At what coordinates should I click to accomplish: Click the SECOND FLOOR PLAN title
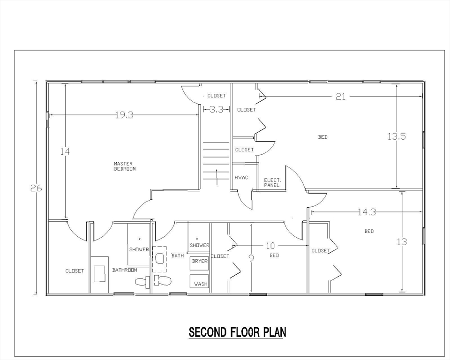click(237, 332)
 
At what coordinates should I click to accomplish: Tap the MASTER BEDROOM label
click(125, 166)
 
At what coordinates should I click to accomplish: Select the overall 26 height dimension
click(37, 188)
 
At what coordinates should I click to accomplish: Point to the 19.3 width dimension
click(124, 115)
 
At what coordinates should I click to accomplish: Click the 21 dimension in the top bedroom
click(341, 97)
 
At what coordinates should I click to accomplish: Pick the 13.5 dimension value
click(397, 136)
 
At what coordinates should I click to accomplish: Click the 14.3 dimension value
click(367, 212)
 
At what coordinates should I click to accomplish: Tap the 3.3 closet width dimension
click(216, 110)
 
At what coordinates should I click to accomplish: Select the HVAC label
click(241, 178)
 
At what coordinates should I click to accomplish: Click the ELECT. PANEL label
click(272, 182)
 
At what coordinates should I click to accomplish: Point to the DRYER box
click(199, 261)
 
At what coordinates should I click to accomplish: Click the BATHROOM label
click(125, 270)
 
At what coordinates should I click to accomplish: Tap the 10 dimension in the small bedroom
click(270, 246)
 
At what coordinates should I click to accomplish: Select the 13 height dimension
click(402, 242)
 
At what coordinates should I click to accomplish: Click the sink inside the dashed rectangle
click(159, 258)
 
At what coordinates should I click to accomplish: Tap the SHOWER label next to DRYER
click(200, 245)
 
